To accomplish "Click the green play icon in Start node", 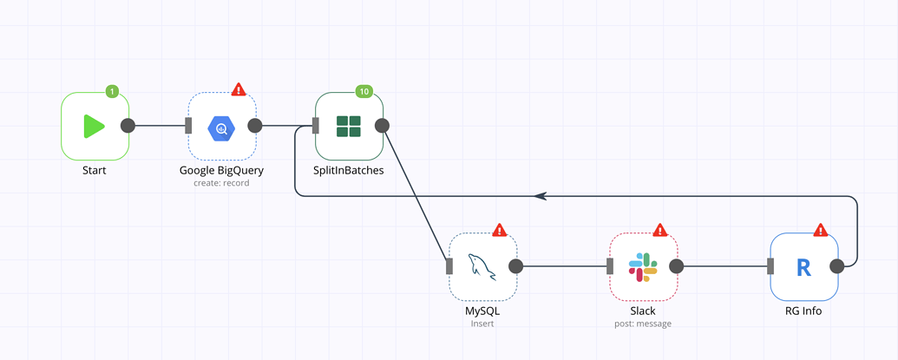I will point(94,126).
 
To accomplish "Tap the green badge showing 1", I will point(111,91).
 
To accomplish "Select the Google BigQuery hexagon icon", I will point(221,128).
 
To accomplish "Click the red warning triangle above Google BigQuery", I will point(239,89).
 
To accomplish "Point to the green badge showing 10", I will point(364,91).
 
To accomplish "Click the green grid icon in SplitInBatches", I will point(349,127).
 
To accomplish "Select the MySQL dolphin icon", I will point(482,266).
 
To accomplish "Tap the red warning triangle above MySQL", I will point(500,230).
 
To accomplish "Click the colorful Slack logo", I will point(643,266).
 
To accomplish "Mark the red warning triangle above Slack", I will point(660,230).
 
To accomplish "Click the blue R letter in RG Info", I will point(803,267).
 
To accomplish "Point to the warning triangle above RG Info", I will point(821,230).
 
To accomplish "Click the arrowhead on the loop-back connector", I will point(541,196).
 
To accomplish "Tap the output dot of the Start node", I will point(128,126).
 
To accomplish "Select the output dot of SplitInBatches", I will point(382,126).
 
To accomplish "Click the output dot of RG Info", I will point(837,266).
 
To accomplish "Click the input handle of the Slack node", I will point(610,266).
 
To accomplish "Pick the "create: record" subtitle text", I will point(221,183).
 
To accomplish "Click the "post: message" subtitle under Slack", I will point(643,324).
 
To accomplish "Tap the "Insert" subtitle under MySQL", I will point(482,324).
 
